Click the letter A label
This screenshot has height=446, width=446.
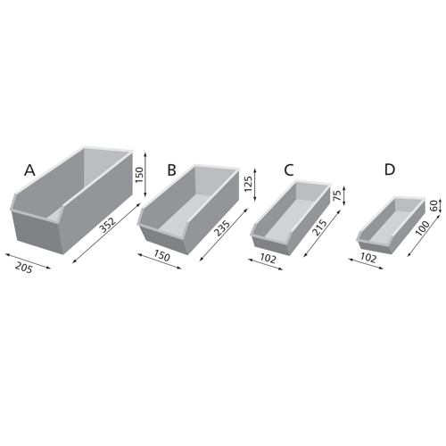coord(29,170)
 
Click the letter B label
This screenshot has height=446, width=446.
coord(171,170)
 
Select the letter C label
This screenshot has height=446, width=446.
coord(289,169)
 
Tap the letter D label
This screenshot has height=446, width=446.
coord(390,169)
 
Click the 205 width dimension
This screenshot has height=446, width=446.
coord(24,268)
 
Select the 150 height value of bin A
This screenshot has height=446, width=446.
coord(139,175)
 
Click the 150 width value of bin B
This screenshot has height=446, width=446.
coord(161,256)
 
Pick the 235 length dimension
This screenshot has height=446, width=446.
coord(223,228)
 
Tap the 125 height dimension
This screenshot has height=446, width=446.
coord(248,184)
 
